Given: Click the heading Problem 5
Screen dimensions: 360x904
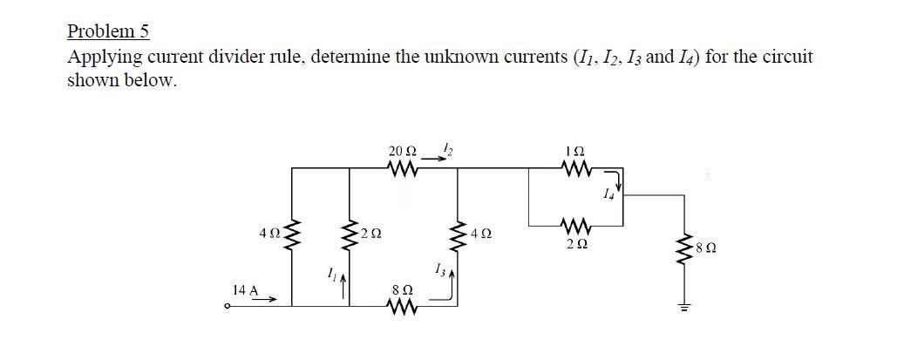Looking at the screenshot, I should (108, 32).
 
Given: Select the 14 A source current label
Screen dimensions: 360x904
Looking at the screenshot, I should (245, 289).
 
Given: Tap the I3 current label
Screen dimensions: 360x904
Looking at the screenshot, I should (438, 269).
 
